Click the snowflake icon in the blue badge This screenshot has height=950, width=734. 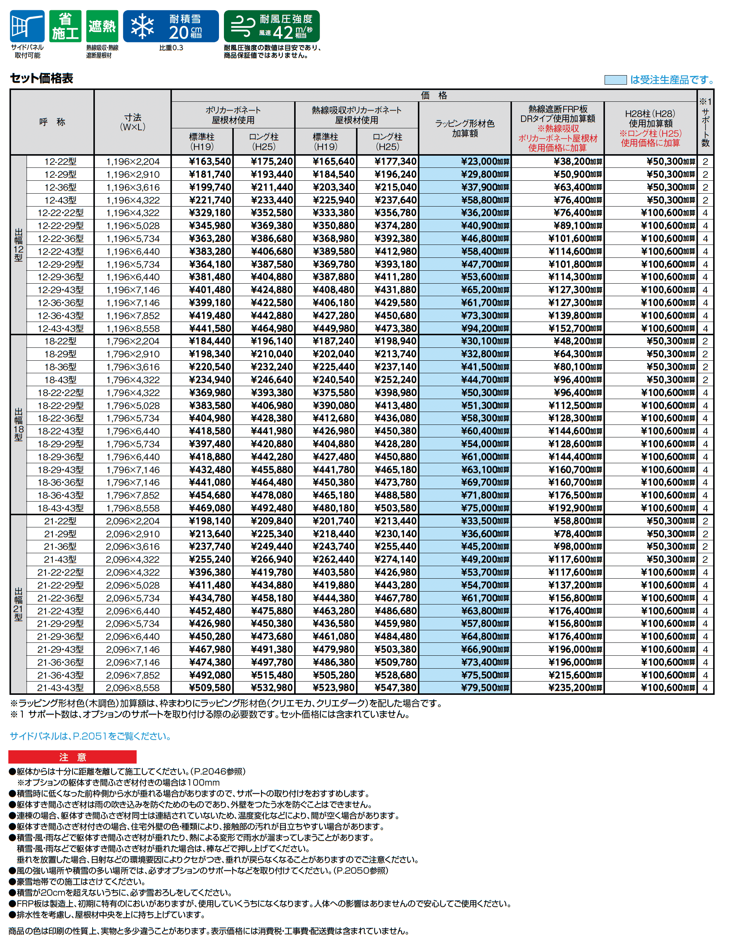[142, 27]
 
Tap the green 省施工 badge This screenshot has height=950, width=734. [65, 26]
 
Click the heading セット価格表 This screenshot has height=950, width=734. [41, 78]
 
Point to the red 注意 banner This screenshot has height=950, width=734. [72, 757]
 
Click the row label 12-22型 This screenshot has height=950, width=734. [60, 161]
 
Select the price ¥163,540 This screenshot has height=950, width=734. [209, 161]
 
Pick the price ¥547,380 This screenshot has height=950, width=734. [395, 688]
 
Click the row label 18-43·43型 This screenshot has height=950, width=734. [60, 508]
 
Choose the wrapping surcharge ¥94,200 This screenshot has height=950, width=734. [484, 328]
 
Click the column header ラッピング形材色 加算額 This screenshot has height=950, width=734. [465, 128]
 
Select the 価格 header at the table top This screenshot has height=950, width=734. [433, 95]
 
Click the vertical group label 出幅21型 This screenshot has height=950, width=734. [18, 604]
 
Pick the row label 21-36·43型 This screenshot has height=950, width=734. [60, 675]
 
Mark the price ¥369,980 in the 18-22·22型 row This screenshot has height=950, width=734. [209, 393]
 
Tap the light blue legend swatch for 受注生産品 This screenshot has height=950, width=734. [615, 80]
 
